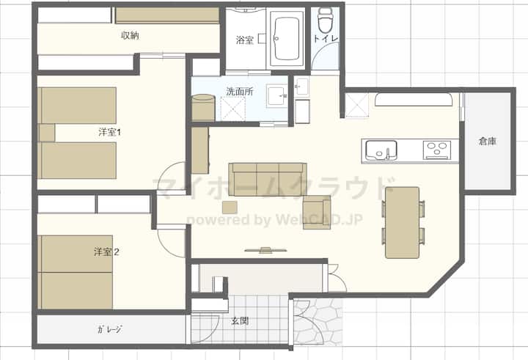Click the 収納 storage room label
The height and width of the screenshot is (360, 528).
(130, 35)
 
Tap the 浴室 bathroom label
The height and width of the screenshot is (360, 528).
(244, 40)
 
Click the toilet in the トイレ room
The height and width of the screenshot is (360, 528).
(326, 21)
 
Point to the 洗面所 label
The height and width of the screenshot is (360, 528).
(239, 91)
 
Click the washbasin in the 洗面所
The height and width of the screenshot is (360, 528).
(276, 96)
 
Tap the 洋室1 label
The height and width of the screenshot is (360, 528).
(109, 133)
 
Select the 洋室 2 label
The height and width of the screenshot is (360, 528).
(106, 252)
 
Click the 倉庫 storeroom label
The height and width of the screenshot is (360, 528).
(487, 141)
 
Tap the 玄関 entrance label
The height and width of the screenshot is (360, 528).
(240, 321)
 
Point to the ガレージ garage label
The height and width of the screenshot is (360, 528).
(109, 329)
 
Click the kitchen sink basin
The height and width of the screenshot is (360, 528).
(381, 150)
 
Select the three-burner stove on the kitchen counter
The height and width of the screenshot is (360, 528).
(437, 150)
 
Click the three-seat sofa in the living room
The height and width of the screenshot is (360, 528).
(268, 180)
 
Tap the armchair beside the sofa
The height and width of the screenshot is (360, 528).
(317, 212)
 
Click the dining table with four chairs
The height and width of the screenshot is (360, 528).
(403, 223)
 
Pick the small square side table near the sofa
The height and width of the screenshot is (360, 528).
(230, 207)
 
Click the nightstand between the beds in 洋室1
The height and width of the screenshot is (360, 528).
(47, 133)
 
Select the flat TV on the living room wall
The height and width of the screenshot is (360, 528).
(265, 250)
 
